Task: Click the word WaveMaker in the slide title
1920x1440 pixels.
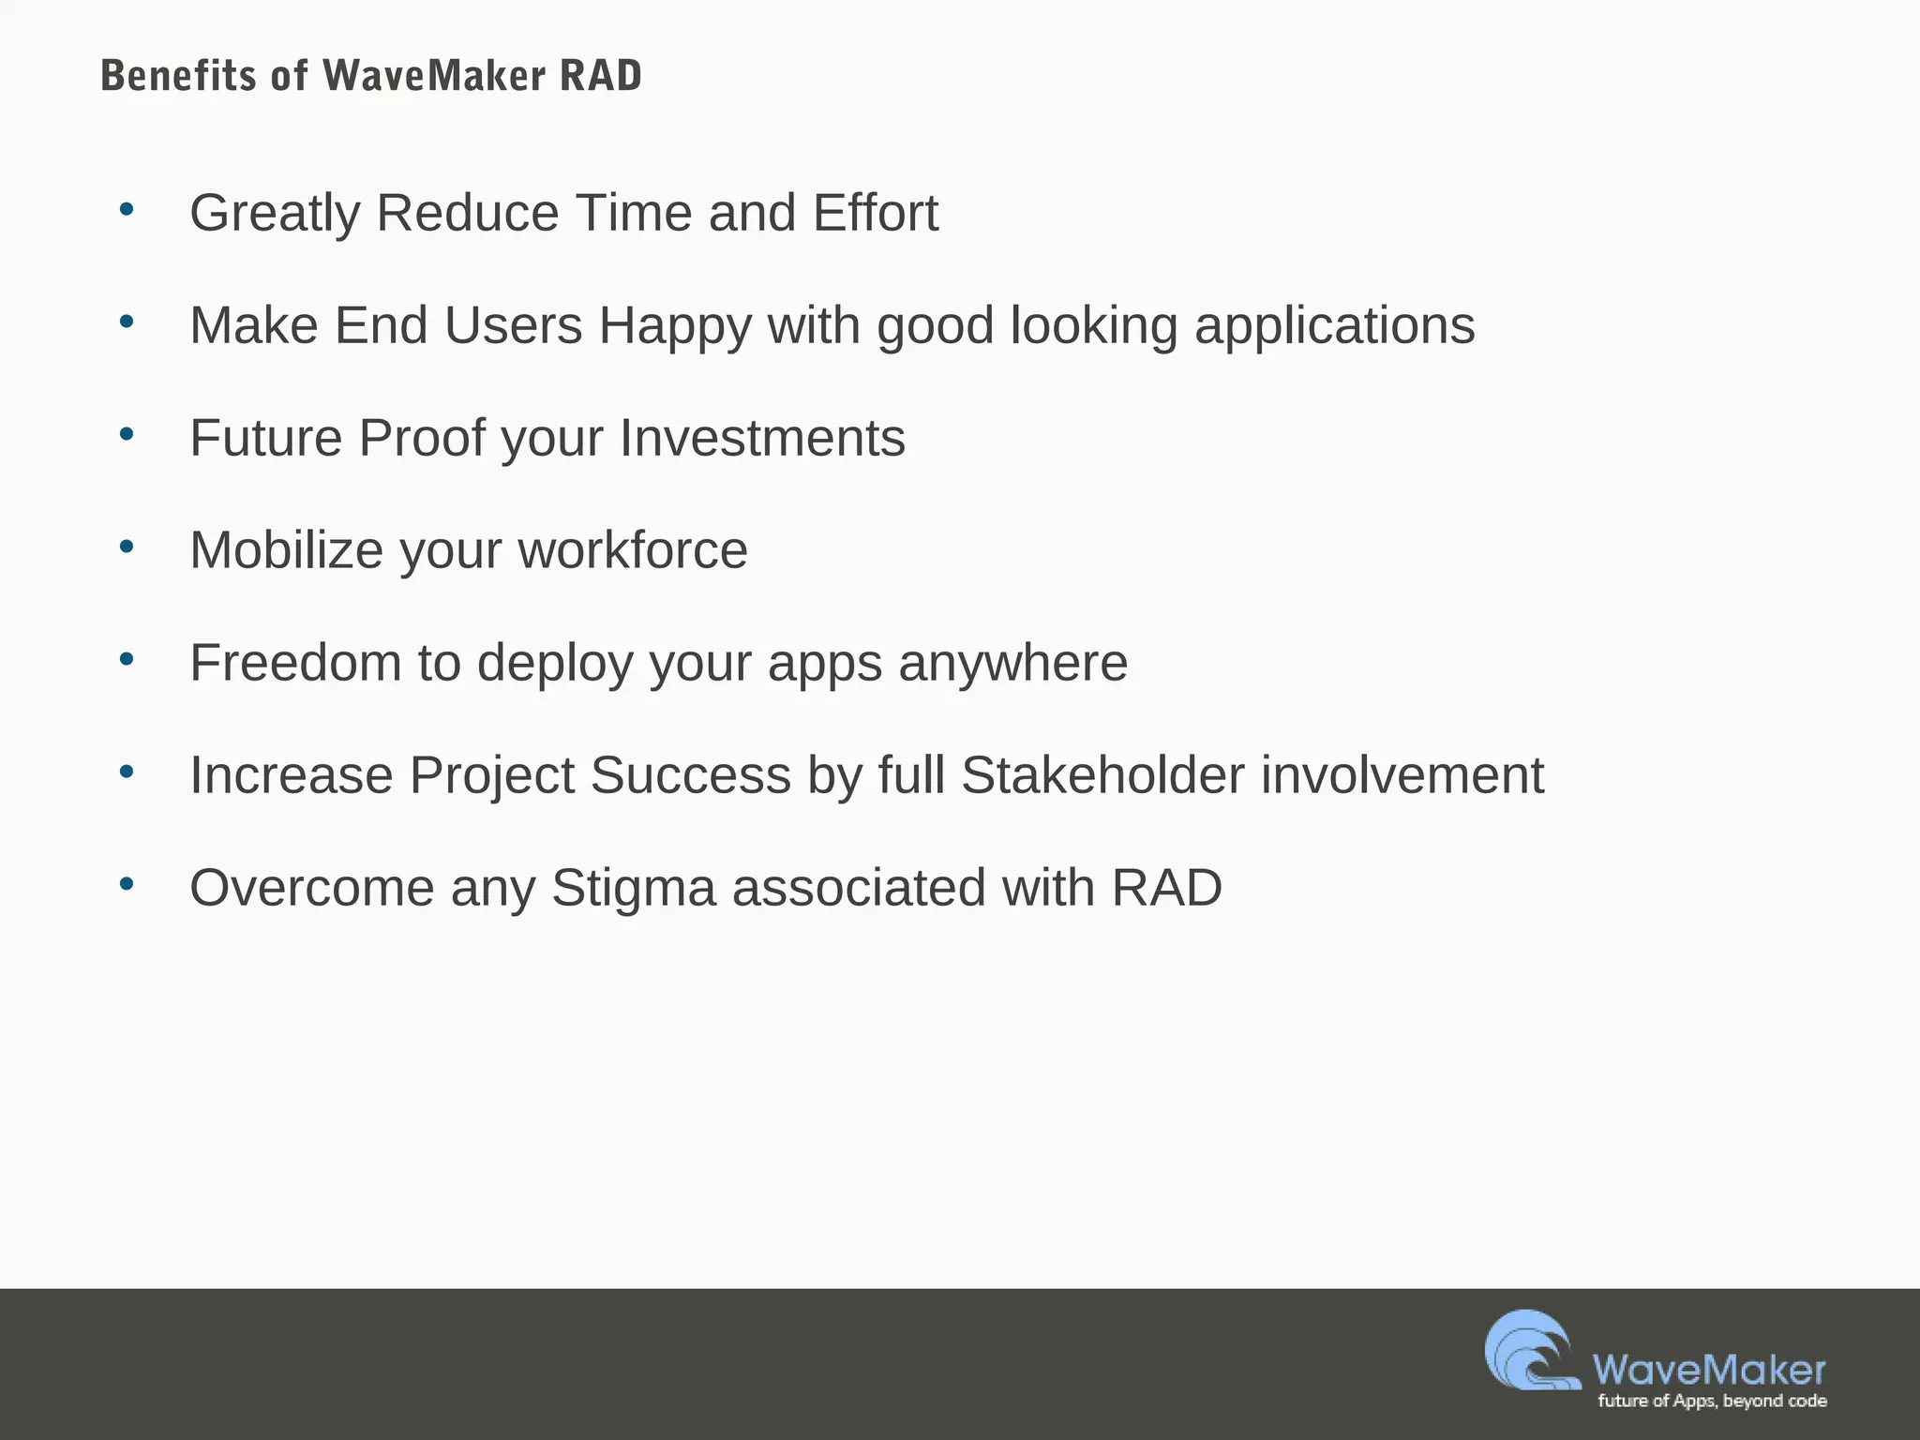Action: coord(434,76)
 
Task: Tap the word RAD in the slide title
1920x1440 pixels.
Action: coord(600,76)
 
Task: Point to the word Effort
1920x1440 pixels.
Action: coord(875,213)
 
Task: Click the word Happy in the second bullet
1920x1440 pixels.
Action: coord(675,326)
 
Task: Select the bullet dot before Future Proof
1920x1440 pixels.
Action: coord(127,434)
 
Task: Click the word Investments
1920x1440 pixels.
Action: coord(762,438)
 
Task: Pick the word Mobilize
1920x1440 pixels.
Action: coord(286,550)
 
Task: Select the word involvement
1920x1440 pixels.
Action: coord(1402,775)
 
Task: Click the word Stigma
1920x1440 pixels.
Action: coord(633,888)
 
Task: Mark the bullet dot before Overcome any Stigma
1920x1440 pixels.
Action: coord(127,884)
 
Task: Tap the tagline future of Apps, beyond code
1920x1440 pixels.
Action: coord(1712,1401)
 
